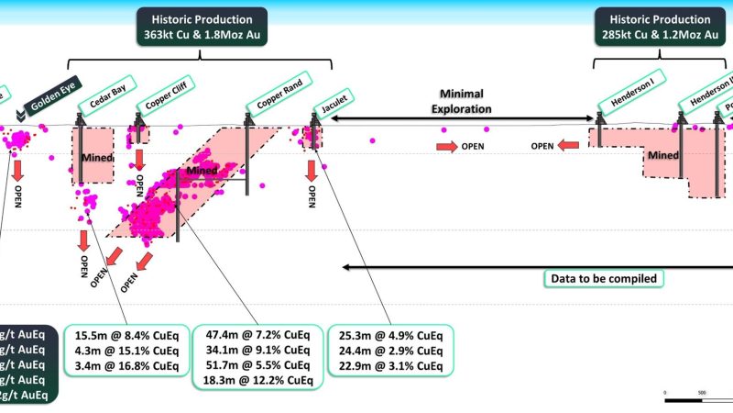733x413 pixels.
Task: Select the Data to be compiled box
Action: coord(604,278)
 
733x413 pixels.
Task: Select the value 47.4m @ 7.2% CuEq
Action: coord(257,336)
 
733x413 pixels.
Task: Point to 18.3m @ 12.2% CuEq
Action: coord(257,381)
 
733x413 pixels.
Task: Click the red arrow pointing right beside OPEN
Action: coord(446,146)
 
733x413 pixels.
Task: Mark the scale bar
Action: coord(697,399)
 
